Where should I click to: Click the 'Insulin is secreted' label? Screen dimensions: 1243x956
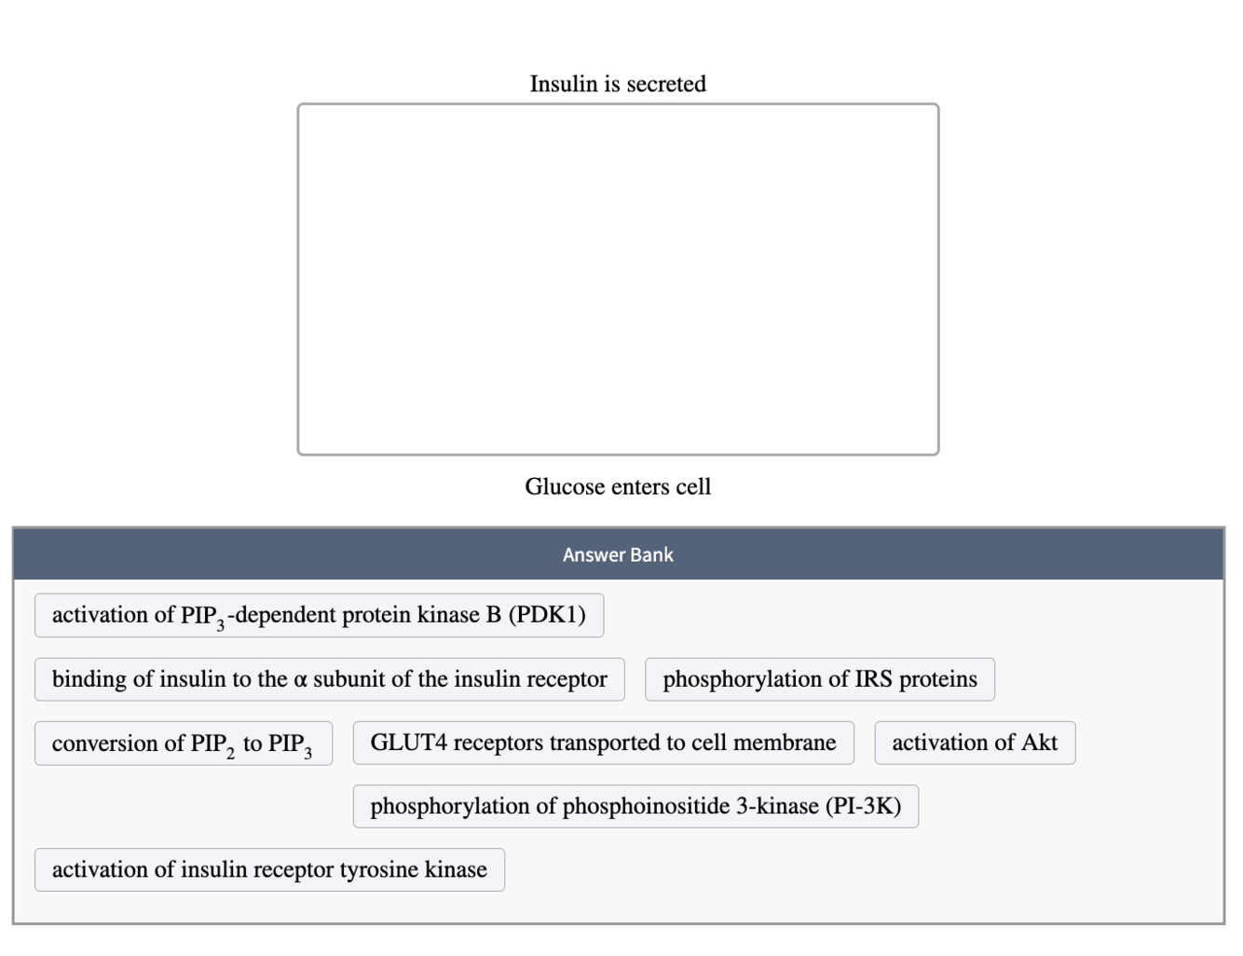pos(618,84)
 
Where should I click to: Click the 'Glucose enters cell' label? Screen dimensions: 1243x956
pos(618,486)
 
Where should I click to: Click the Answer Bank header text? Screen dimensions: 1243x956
pos(618,554)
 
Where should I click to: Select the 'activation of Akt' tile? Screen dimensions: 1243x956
pos(975,743)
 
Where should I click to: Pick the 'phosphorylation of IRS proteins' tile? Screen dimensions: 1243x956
pos(820,679)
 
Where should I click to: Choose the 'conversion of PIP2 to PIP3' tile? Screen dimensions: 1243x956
pos(183,744)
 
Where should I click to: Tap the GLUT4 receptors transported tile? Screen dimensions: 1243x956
pos(603,743)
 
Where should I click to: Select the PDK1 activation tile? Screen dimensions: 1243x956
pos(319,615)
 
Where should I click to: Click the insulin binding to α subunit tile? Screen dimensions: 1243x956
pos(329,679)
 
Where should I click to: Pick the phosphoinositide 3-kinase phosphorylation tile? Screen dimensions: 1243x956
pos(635,806)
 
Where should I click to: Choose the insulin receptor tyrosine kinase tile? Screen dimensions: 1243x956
pos(269,869)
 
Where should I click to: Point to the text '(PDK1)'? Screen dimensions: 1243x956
pos(547,615)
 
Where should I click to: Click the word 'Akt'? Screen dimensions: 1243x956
pos(1039,743)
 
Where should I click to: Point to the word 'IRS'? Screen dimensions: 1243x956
pos(873,679)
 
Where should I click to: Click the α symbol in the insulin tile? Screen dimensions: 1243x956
pos(300,680)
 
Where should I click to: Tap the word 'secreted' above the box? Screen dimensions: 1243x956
pos(666,84)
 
